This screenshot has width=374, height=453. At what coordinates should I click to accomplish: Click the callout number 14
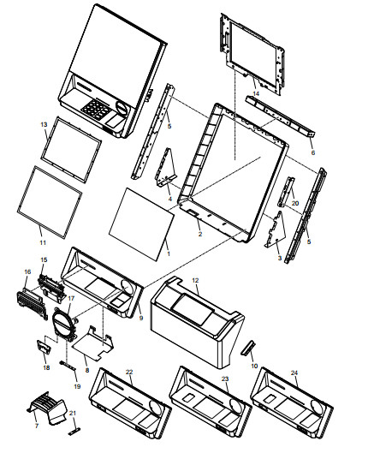point(256,93)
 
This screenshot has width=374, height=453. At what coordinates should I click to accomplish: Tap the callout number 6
point(312,152)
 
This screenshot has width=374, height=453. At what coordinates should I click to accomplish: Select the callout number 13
point(44,124)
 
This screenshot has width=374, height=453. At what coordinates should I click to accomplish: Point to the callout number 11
point(43,242)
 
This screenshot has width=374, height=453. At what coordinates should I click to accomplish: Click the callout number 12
point(195,280)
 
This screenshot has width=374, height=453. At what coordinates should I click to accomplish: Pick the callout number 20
point(295,204)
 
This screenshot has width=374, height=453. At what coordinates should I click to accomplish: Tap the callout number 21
point(73,413)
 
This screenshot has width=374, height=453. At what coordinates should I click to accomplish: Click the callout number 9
point(141,318)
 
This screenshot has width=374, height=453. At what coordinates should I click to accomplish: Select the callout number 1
point(169,253)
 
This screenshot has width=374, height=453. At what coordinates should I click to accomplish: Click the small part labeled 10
point(248,348)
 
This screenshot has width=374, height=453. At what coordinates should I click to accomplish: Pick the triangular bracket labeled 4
point(166,168)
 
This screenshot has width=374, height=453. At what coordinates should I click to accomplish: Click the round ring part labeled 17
point(64,325)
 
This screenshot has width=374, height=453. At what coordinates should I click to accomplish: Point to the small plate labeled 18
point(44,347)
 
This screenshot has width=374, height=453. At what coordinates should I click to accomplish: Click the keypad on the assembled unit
point(96,109)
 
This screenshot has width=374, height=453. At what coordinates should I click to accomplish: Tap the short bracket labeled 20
point(286,192)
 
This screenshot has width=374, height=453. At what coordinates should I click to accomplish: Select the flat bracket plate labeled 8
point(92,343)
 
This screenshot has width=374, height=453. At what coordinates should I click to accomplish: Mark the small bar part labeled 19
point(68,366)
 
